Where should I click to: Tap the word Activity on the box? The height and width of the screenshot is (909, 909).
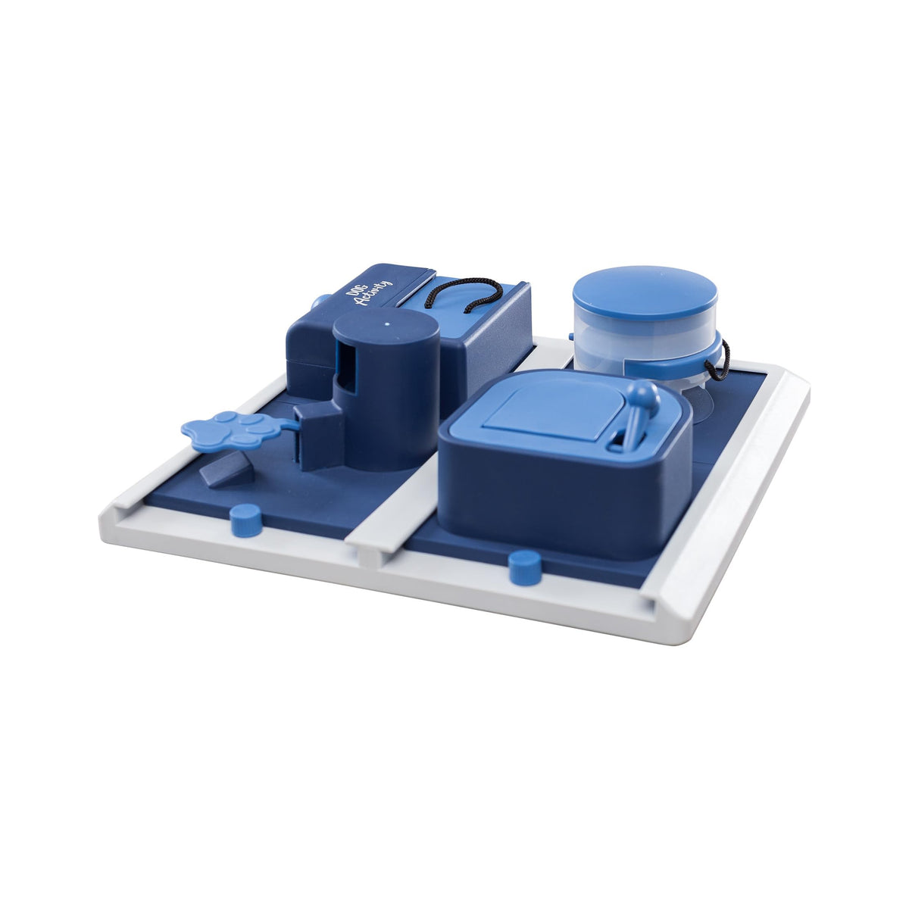375,294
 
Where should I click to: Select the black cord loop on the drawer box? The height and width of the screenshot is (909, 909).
464,295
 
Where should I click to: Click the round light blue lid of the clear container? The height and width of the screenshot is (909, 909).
645,293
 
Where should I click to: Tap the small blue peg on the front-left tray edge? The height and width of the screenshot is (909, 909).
245,520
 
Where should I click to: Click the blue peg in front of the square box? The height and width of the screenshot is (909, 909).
525,568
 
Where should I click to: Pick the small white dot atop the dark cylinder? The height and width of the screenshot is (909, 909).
387,324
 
